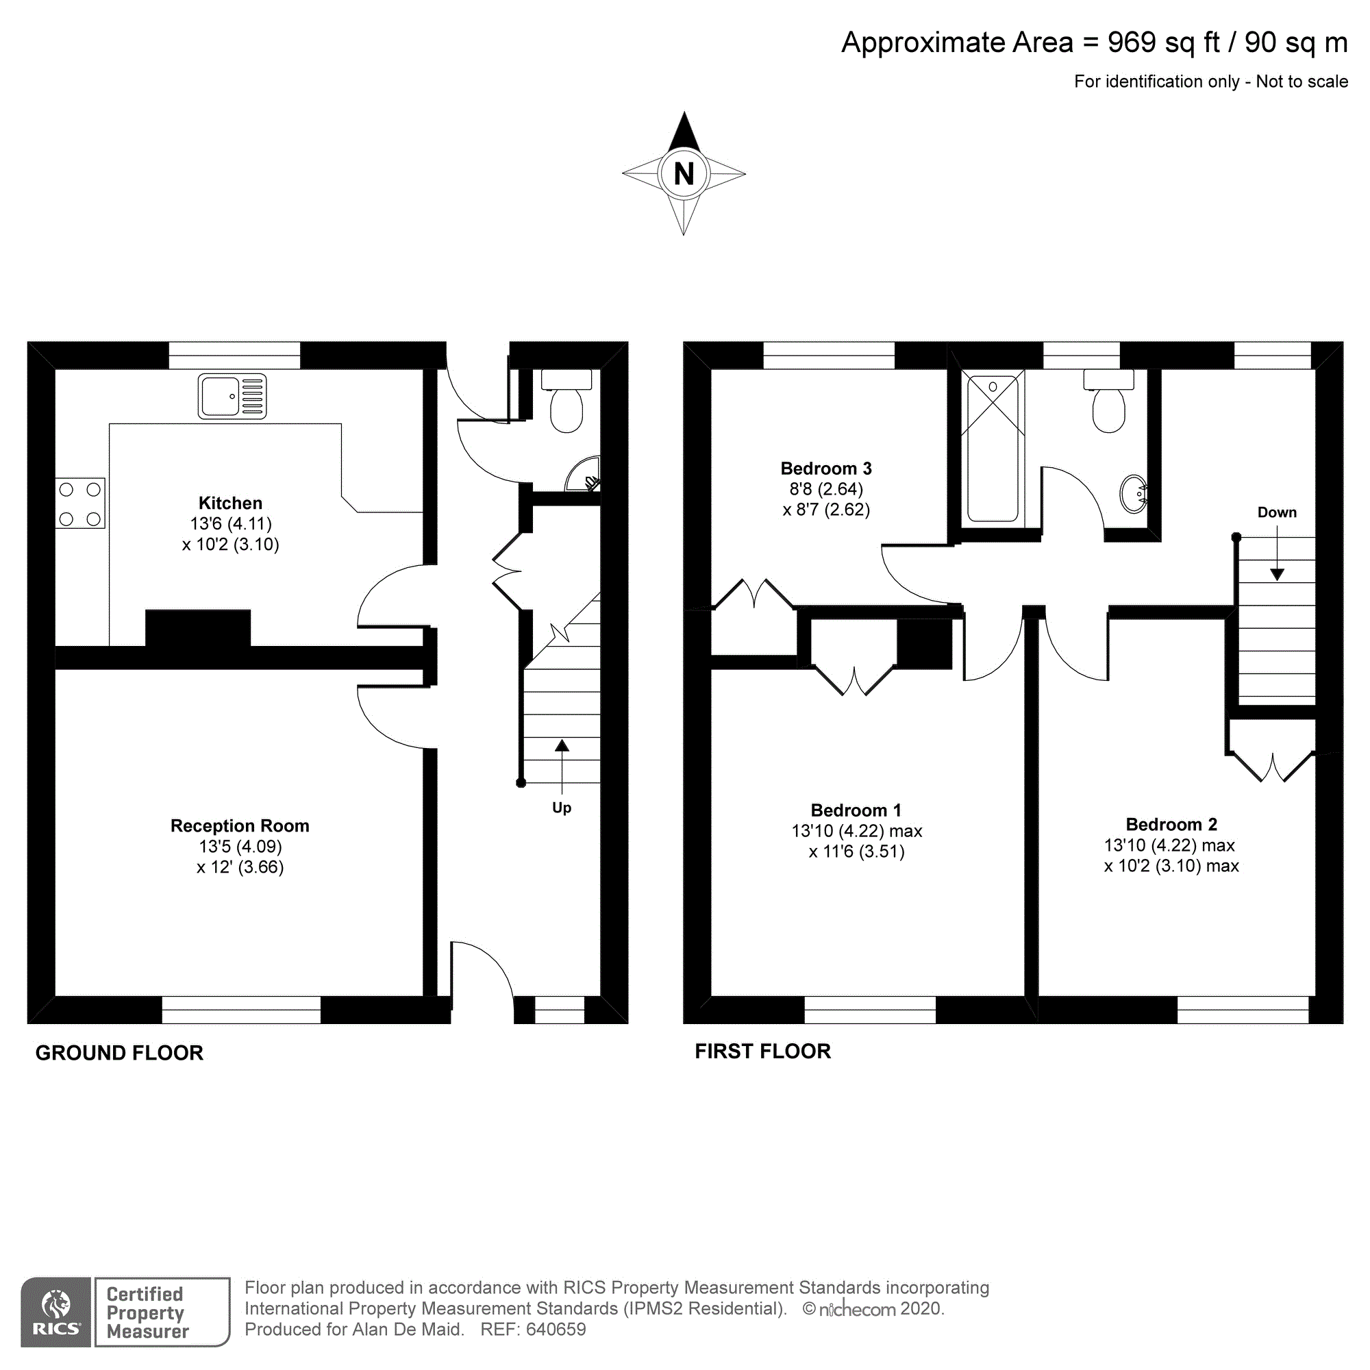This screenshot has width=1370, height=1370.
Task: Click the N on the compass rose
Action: [683, 174]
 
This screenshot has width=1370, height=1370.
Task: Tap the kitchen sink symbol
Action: [232, 396]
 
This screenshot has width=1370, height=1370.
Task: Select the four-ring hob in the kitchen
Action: [80, 503]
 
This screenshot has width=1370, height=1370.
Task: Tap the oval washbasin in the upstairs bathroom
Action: [1133, 493]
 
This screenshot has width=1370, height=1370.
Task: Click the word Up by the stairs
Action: [562, 808]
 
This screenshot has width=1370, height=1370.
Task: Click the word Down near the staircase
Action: [1276, 512]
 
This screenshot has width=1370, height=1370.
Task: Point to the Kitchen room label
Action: [230, 503]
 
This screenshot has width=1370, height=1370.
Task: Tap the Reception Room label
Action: [240, 825]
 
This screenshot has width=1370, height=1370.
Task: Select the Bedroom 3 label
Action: [825, 468]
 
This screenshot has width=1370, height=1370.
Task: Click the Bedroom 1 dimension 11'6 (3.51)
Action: [857, 851]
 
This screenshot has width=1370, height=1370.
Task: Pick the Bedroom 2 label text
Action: [1171, 824]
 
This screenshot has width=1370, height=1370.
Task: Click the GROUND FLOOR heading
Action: [119, 1052]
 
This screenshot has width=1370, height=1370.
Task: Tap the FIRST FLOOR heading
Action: [762, 1051]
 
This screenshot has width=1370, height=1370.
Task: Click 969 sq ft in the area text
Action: [1163, 42]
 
